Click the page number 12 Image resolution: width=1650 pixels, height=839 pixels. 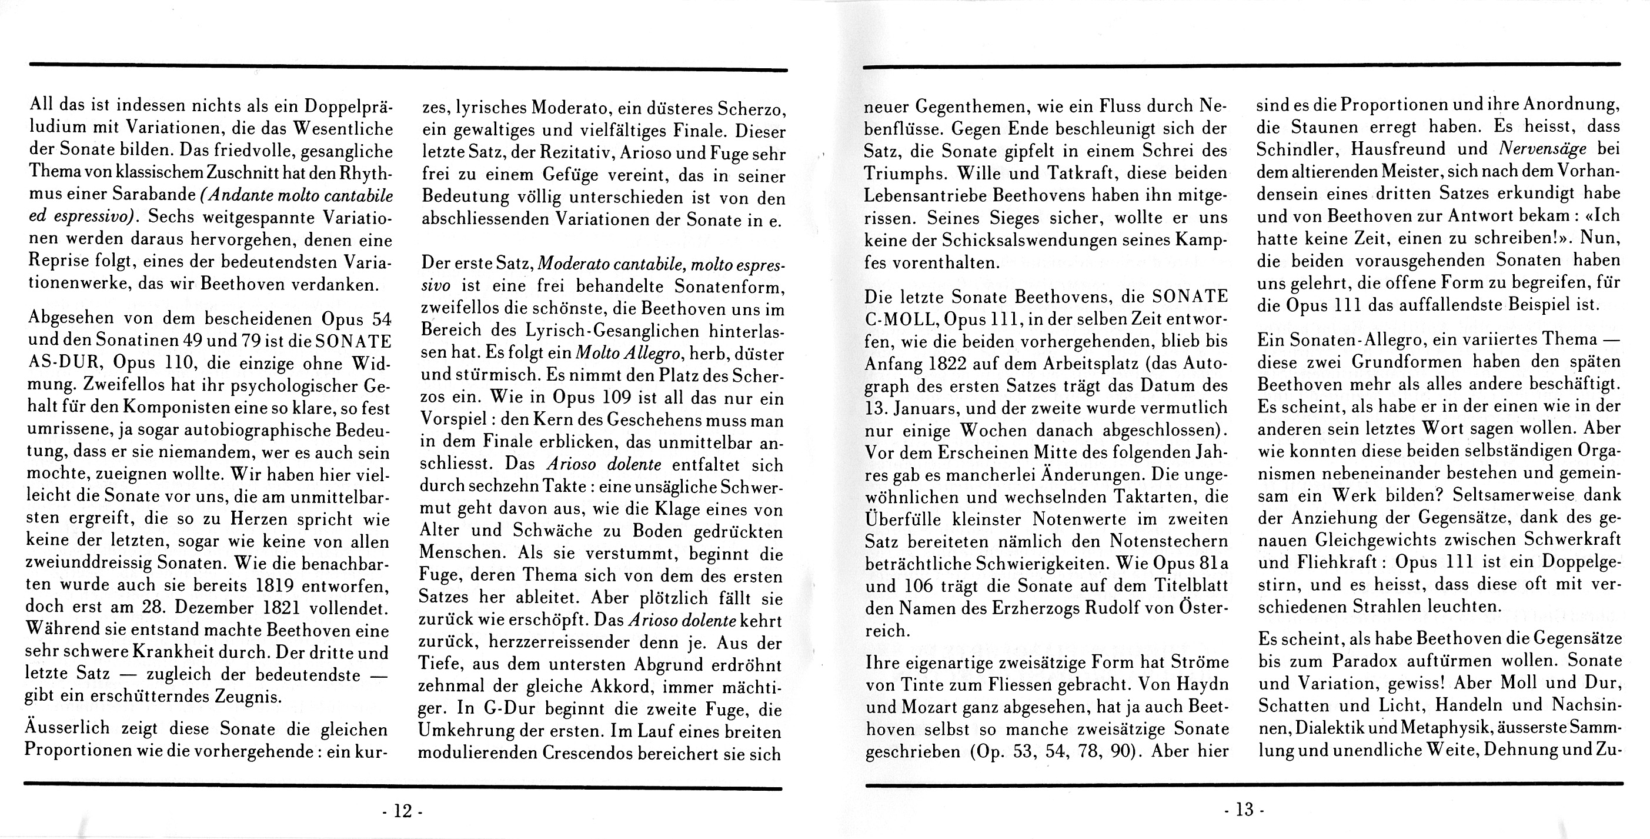click(402, 811)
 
